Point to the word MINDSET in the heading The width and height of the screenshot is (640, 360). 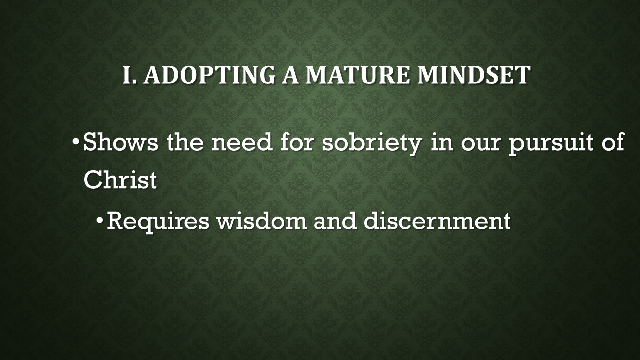coord(473,75)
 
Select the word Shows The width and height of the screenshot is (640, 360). coord(122,143)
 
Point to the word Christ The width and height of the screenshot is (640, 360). coord(120,180)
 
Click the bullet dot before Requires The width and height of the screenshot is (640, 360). coord(100,220)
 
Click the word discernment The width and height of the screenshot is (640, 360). coord(437,220)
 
